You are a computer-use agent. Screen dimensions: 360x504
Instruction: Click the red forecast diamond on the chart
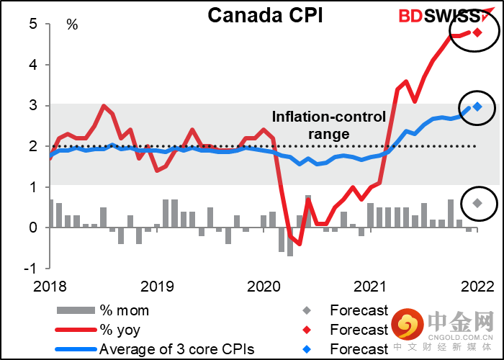pyautogui.click(x=478, y=32)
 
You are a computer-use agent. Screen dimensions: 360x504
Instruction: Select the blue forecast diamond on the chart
pyautogui.click(x=477, y=107)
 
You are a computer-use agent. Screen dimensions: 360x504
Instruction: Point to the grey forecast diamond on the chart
pyautogui.click(x=477, y=202)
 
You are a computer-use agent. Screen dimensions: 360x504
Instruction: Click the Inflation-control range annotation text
pyautogui.click(x=329, y=125)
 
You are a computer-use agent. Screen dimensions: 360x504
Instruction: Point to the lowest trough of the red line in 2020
pyautogui.click(x=299, y=244)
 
